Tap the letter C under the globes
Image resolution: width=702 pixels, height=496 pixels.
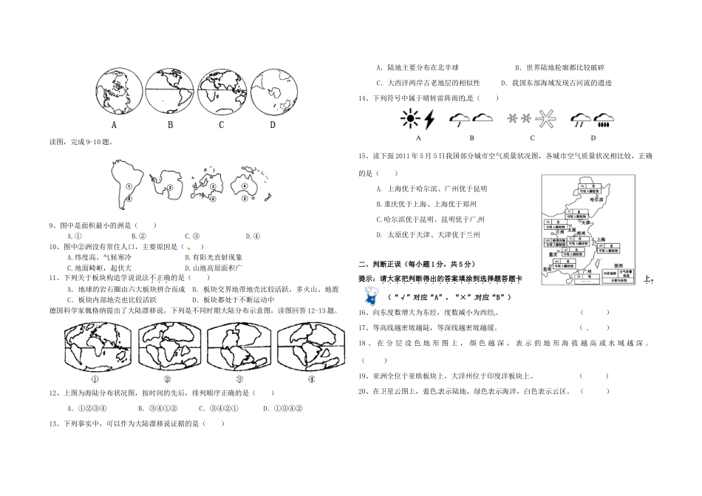pos(221,124)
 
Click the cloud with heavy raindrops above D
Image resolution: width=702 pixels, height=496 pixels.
pos(603,118)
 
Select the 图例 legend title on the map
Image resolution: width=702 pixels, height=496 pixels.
pos(607,262)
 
